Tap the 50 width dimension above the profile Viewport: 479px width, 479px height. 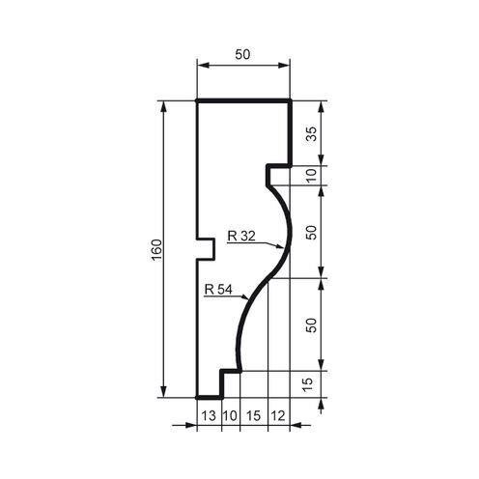[x=242, y=56]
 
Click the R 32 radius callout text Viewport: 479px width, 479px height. [x=241, y=234]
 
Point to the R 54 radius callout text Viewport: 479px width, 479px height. [x=218, y=289]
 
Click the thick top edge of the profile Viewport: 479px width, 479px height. [x=243, y=99]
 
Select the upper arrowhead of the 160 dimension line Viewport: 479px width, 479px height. [x=165, y=105]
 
